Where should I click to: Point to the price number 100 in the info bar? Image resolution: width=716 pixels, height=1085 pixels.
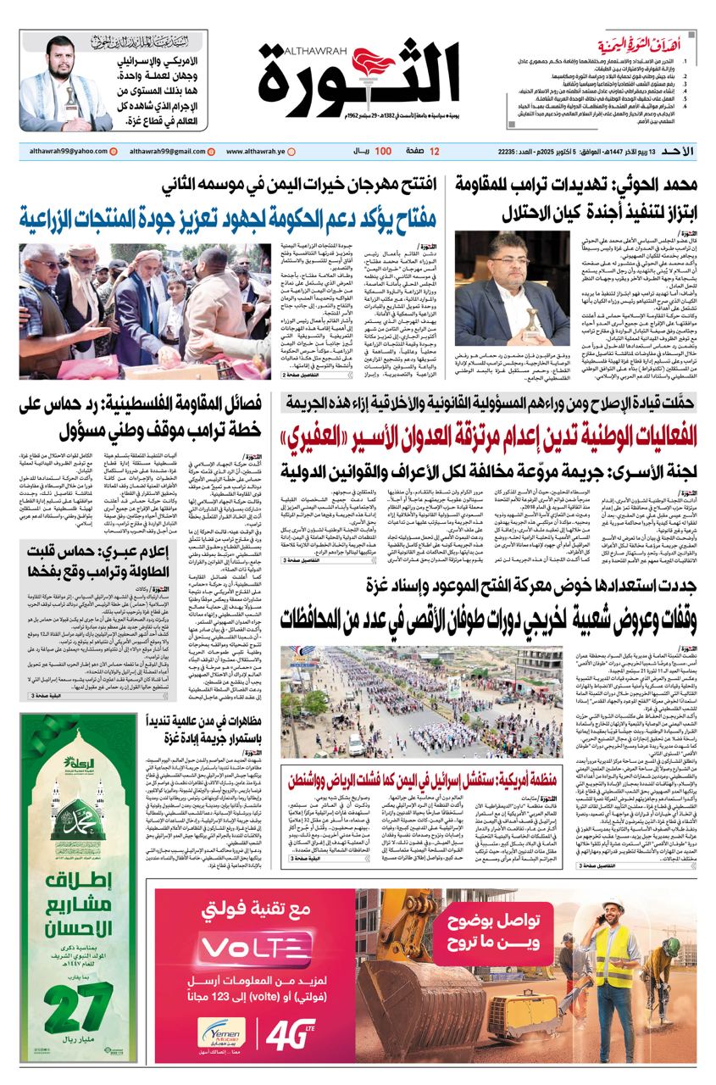(382, 151)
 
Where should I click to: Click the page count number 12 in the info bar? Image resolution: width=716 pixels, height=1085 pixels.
(435, 151)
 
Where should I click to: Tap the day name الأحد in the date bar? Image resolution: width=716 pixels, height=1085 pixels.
(679, 151)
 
